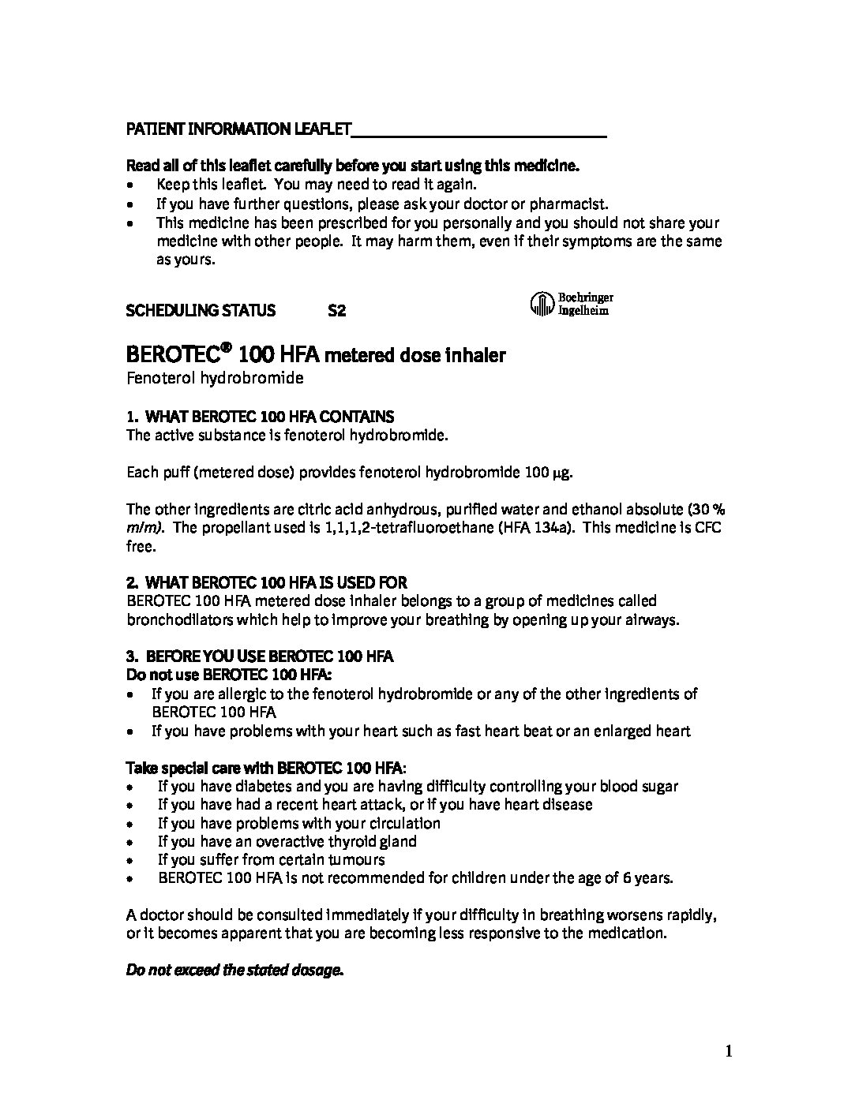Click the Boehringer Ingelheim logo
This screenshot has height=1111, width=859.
(570, 304)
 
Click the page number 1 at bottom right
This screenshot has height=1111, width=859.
(730, 1050)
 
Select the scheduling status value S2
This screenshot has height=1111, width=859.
(336, 311)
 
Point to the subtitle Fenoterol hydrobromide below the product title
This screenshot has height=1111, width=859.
(215, 378)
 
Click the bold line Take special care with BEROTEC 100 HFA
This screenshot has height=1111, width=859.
(268, 767)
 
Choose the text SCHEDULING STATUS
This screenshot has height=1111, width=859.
(201, 311)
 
